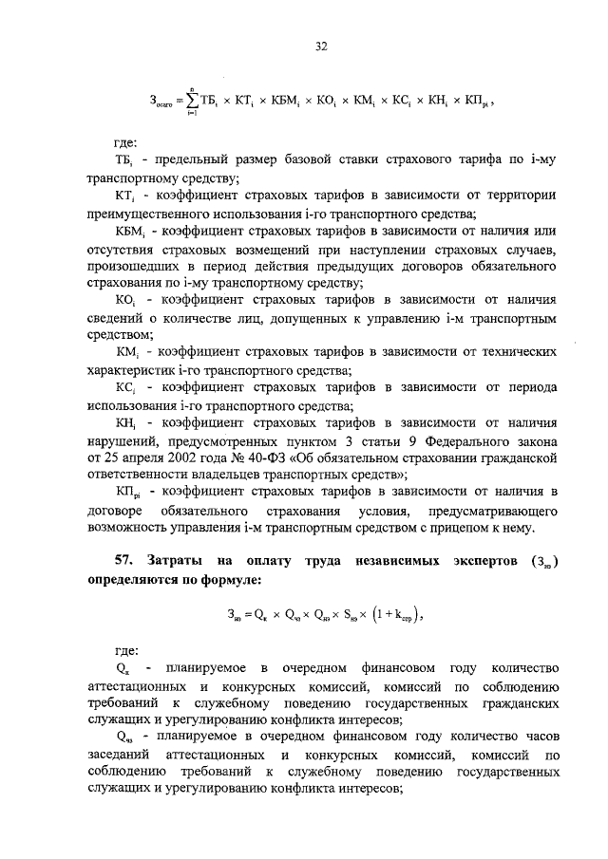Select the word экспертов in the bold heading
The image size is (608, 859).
coord(472,562)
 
